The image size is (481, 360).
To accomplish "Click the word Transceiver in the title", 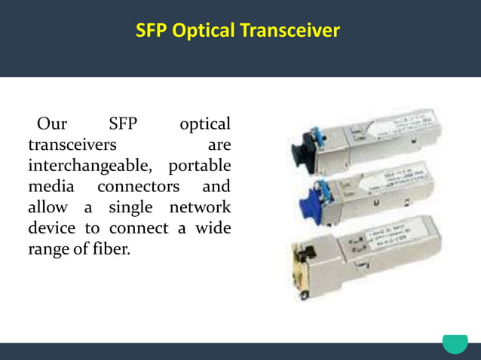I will tap(290, 31).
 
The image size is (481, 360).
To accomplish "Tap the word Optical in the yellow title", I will tap(204, 31).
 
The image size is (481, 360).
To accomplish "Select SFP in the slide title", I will tap(152, 31).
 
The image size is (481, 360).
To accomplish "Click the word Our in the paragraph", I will tap(52, 124).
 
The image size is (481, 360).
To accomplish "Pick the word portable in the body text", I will tap(200, 165).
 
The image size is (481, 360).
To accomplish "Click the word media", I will tap(51, 186).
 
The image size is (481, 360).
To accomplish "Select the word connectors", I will tap(139, 186).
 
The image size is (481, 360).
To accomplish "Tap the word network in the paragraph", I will tap(199, 207).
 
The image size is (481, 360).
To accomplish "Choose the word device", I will tap(53, 227).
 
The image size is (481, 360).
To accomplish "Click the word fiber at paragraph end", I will tap(111, 249).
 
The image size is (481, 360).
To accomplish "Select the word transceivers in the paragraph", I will tap(72, 144).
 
